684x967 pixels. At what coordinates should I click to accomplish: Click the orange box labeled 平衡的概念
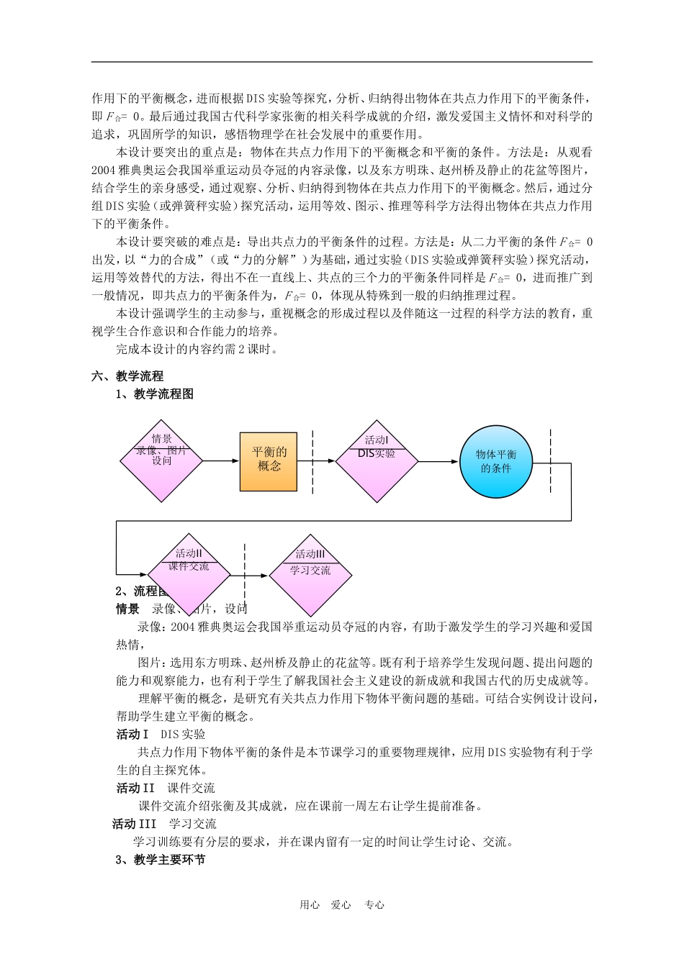pos(269,460)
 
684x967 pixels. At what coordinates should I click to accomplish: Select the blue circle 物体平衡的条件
pos(496,461)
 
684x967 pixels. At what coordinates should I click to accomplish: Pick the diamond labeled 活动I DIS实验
pos(377,460)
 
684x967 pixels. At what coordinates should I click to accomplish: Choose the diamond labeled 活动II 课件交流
pos(189,575)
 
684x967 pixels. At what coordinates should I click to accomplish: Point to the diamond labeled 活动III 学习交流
pos(310,575)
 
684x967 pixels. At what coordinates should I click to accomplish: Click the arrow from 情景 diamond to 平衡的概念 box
pos(221,460)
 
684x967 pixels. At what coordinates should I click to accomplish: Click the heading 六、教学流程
pos(127,376)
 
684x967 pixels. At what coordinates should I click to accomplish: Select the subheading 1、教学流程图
pos(155,394)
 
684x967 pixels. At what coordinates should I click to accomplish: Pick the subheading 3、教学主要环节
pos(161,860)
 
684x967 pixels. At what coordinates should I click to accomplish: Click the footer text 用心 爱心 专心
pos(342,905)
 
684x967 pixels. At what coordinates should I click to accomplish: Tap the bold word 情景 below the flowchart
pos(128,609)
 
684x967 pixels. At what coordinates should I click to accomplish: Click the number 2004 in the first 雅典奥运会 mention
pos(103,170)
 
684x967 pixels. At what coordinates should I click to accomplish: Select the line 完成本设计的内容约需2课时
pos(197,350)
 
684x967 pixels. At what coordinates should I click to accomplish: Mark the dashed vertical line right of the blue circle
pos(551,460)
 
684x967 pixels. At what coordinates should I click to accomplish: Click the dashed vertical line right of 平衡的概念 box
pos(313,462)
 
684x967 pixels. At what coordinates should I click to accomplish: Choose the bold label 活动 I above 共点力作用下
pos(132,735)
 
